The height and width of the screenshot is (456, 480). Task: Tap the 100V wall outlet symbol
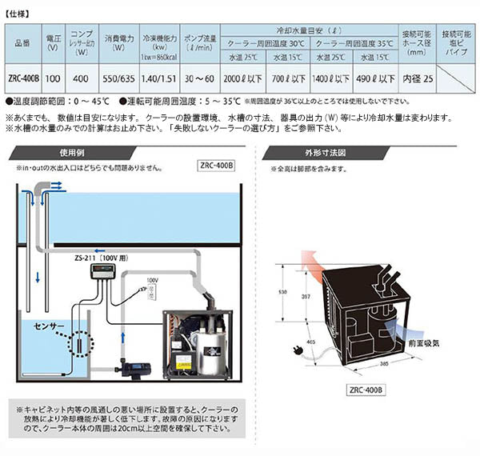pos(151,295)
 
